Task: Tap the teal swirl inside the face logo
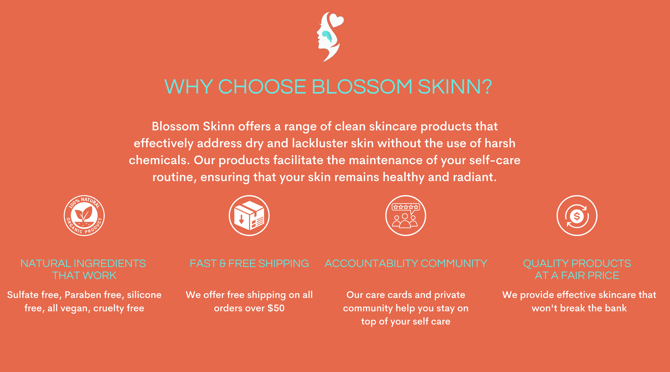pyautogui.click(x=327, y=36)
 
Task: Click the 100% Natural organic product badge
pyautogui.click(x=84, y=216)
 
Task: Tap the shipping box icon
pyautogui.click(x=249, y=216)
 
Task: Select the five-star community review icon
pyautogui.click(x=406, y=216)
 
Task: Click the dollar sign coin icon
pyautogui.click(x=577, y=216)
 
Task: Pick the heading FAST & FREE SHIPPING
pyautogui.click(x=249, y=263)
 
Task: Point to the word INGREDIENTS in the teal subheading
pyautogui.click(x=110, y=263)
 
